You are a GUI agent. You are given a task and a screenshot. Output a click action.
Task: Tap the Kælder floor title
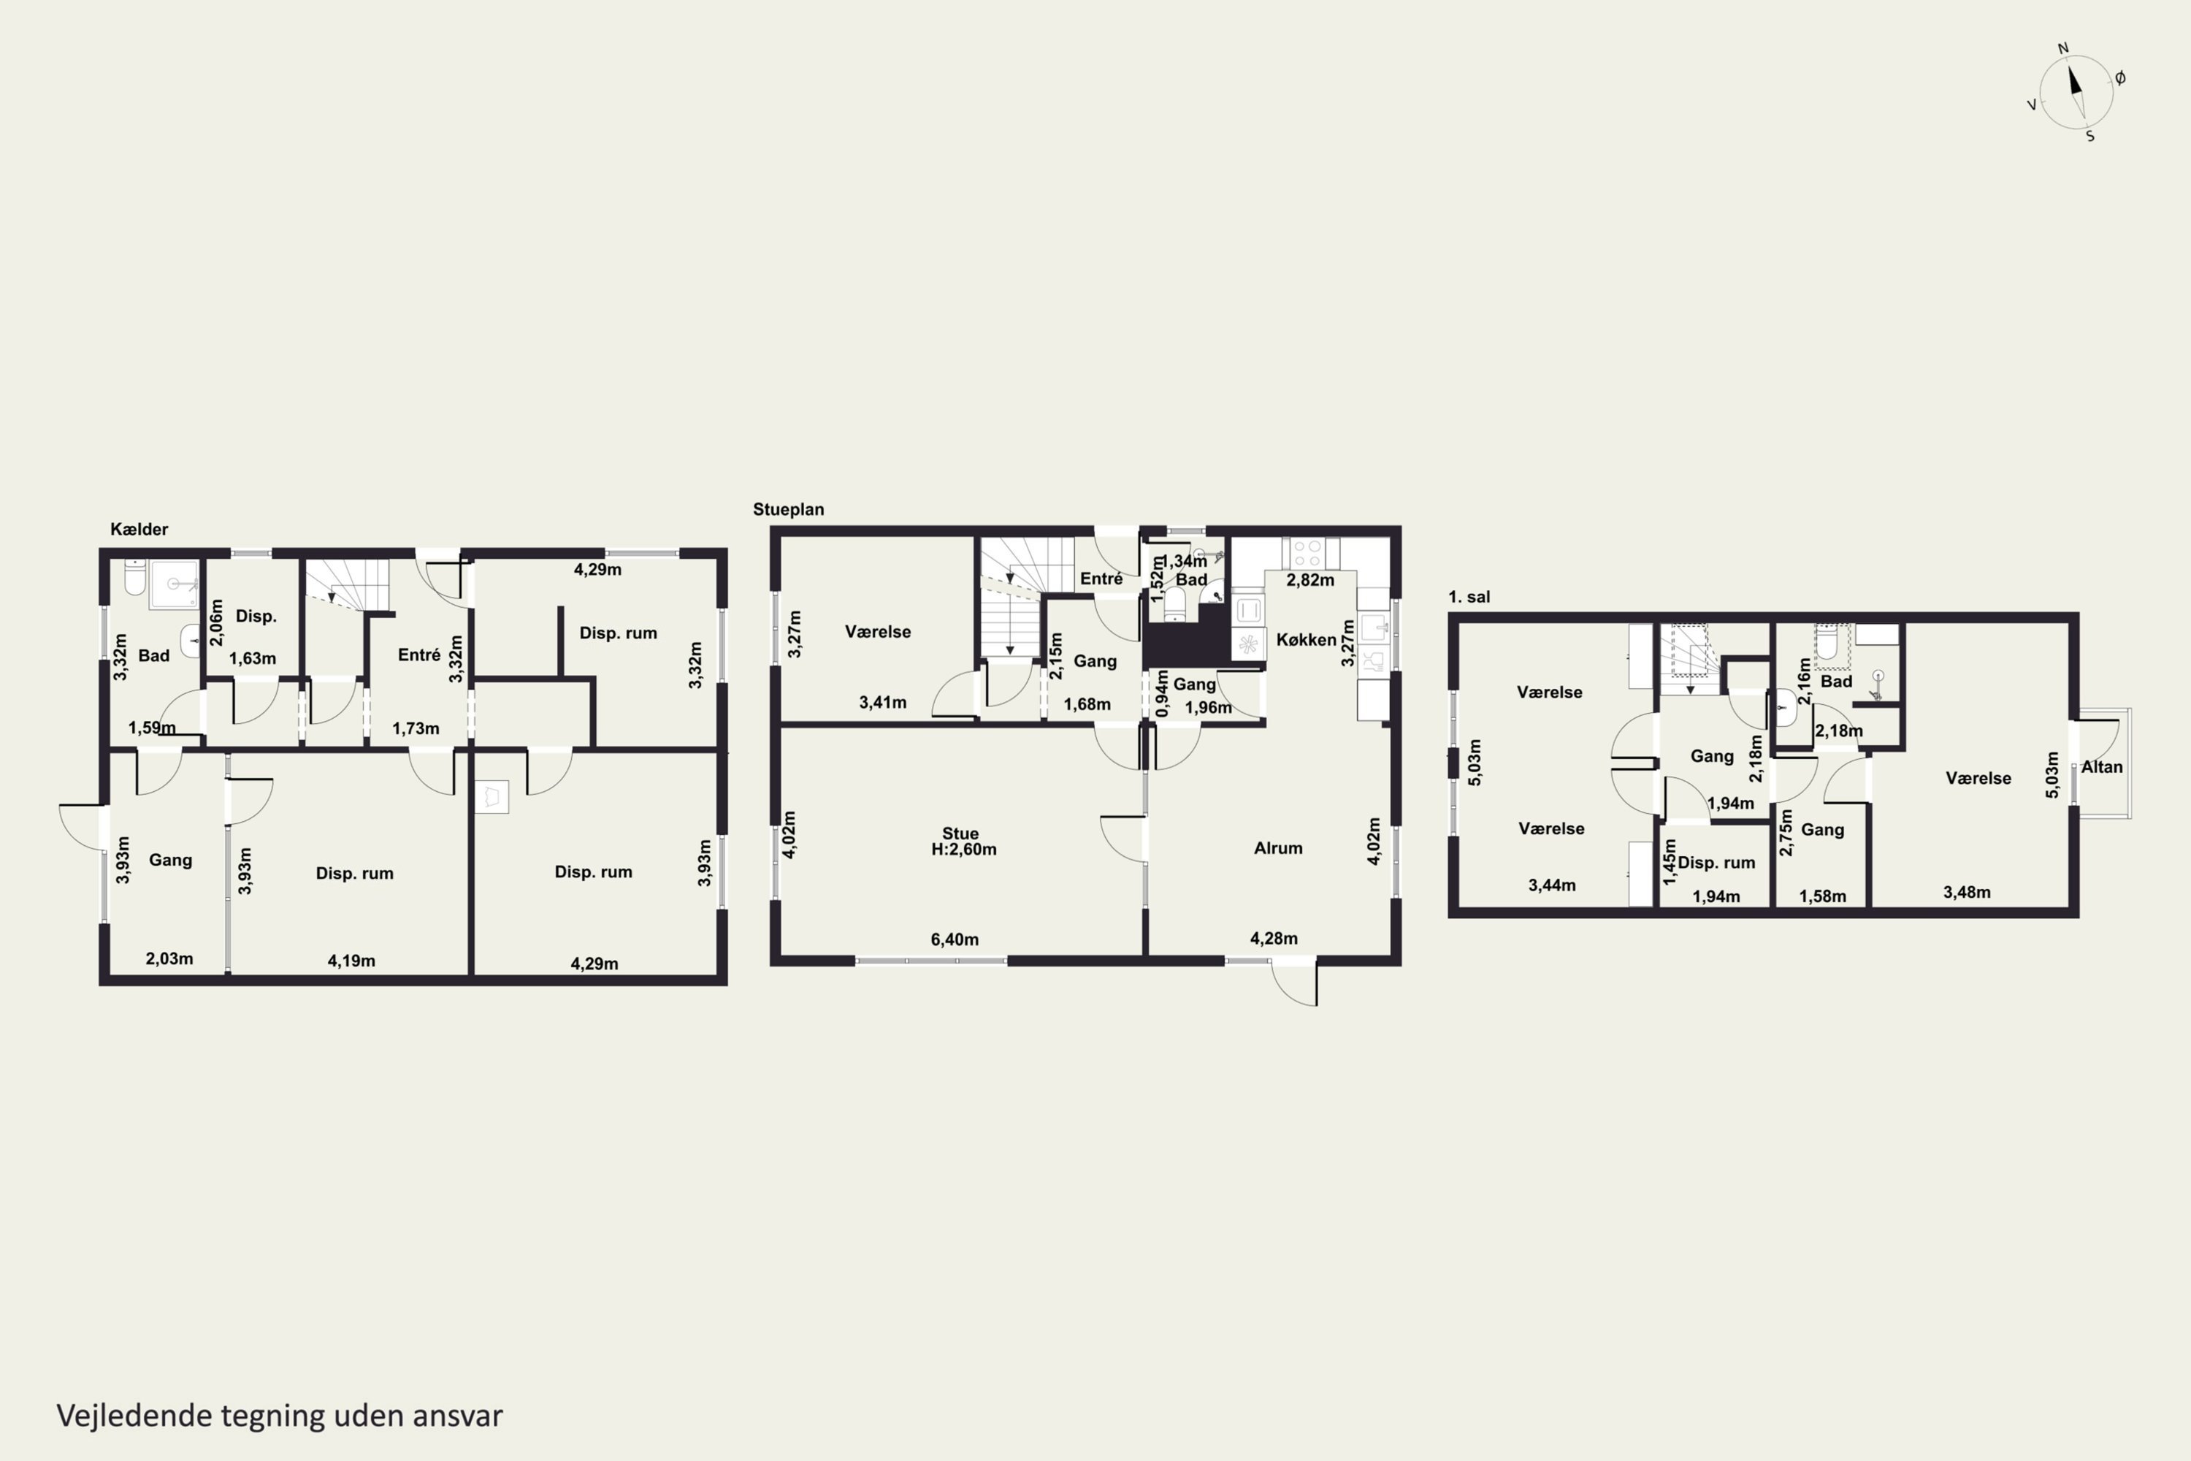(139, 529)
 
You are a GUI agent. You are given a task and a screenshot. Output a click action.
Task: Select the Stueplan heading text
(788, 510)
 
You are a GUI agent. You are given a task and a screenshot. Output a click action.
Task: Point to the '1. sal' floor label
(1469, 598)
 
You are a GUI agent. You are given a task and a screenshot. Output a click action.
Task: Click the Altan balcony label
(2102, 767)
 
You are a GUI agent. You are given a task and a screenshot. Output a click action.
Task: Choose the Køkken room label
(1306, 640)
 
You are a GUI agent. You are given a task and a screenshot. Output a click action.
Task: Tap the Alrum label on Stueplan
(1278, 848)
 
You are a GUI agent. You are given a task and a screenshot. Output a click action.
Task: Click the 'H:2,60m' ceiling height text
(964, 849)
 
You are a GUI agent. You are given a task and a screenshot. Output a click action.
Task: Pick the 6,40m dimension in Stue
(955, 939)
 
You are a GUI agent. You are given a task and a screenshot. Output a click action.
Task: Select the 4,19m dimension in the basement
(351, 961)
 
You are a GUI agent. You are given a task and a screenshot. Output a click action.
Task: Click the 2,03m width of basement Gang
(169, 958)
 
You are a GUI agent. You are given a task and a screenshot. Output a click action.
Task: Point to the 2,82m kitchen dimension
(1309, 579)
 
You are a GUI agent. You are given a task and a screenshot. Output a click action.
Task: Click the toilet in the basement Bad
(135, 577)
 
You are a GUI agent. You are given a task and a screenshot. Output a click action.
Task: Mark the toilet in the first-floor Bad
(1827, 643)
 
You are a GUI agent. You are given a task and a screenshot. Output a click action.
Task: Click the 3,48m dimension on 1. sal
(1967, 892)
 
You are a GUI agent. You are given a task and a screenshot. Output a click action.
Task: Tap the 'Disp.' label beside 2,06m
(256, 616)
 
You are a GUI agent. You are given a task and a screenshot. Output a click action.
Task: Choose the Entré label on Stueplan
(1101, 579)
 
